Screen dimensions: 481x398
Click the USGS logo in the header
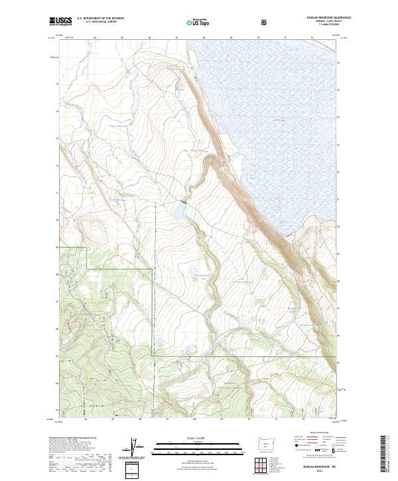tap(62, 23)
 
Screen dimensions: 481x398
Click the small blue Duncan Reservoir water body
tap(180, 212)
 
